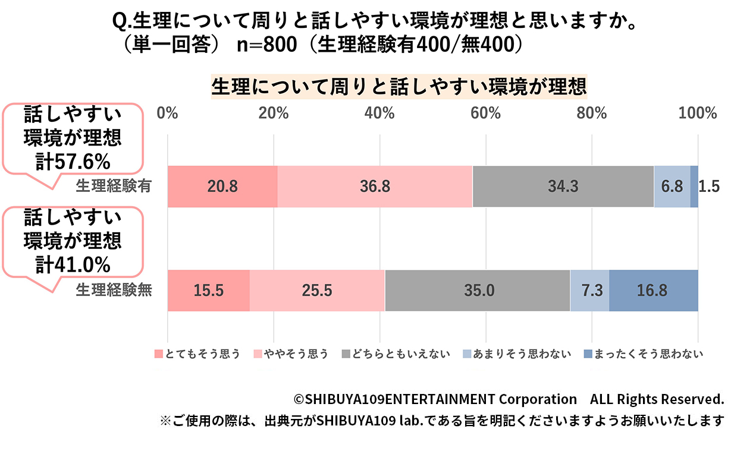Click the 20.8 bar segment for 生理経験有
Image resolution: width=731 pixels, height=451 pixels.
tap(222, 187)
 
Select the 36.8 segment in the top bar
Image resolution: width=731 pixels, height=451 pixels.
tap(375, 187)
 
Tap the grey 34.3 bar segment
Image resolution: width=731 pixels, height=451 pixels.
tap(563, 187)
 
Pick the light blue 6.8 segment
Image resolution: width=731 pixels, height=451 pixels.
tap(672, 187)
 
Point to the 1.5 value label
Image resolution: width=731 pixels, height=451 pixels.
tap(709, 187)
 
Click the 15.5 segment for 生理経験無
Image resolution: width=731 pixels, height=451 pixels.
tap(208, 291)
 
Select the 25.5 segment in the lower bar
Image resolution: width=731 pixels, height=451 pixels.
tap(317, 291)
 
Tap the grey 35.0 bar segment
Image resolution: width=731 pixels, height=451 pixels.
tap(478, 291)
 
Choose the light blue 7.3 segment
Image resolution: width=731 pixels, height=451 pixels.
tap(589, 291)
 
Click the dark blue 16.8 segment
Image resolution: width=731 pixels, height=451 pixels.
tap(653, 291)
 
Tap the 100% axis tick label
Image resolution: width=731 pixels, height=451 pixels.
tap(698, 113)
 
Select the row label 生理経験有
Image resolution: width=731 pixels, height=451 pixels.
tap(114, 187)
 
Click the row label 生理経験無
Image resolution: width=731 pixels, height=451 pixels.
tap(114, 291)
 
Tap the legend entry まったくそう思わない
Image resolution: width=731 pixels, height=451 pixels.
tap(642, 354)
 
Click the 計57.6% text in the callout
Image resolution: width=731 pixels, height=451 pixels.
tap(73, 161)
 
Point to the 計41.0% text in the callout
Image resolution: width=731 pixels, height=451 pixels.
tap(73, 264)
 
